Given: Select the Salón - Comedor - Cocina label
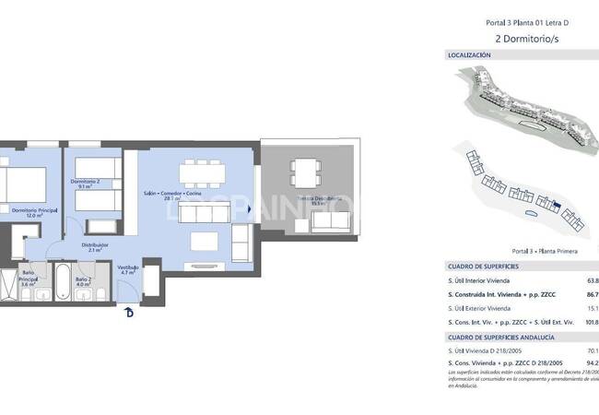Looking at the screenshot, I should [x=172, y=194].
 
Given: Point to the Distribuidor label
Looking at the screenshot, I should [x=96, y=244].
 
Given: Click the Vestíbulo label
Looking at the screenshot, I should [x=128, y=268].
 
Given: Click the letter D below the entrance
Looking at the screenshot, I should [x=129, y=312].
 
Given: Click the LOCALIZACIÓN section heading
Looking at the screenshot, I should [x=469, y=55].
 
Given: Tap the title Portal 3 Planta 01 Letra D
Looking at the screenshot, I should [x=523, y=22].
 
